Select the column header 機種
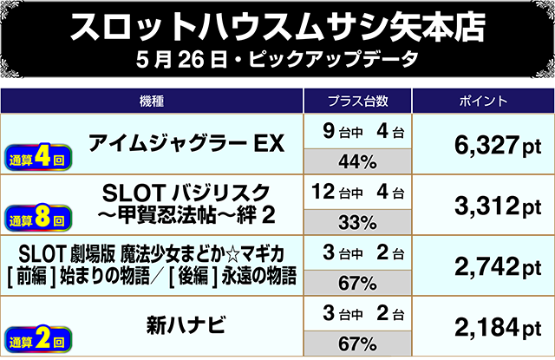(152, 101)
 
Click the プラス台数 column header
(357, 101)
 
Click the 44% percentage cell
(357, 161)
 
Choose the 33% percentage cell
(357, 221)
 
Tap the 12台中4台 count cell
(357, 192)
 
